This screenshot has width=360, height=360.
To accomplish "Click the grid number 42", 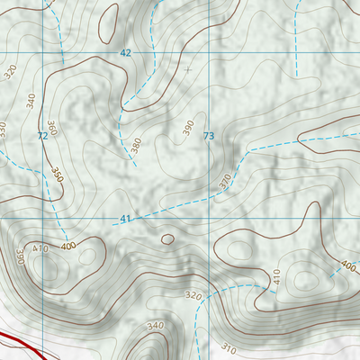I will (125, 53).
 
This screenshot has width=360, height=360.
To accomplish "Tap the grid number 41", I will (125, 220).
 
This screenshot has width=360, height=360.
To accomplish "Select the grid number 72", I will (41, 136).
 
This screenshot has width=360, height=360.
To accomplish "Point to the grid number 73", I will (209, 136).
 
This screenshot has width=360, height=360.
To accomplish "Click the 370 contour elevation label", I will (225, 181).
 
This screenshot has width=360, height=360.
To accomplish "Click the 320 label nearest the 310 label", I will (193, 295).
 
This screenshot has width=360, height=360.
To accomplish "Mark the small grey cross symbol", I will (187, 68).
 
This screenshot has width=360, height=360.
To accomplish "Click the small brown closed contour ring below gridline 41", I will (166, 239).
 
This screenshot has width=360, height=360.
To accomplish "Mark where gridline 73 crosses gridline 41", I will (209, 218).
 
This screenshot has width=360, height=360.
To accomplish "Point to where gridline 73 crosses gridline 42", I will (209, 53).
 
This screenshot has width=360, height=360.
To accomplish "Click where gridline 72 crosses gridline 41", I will (41, 218).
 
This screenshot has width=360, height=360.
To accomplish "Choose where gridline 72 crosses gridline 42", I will (41, 53).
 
